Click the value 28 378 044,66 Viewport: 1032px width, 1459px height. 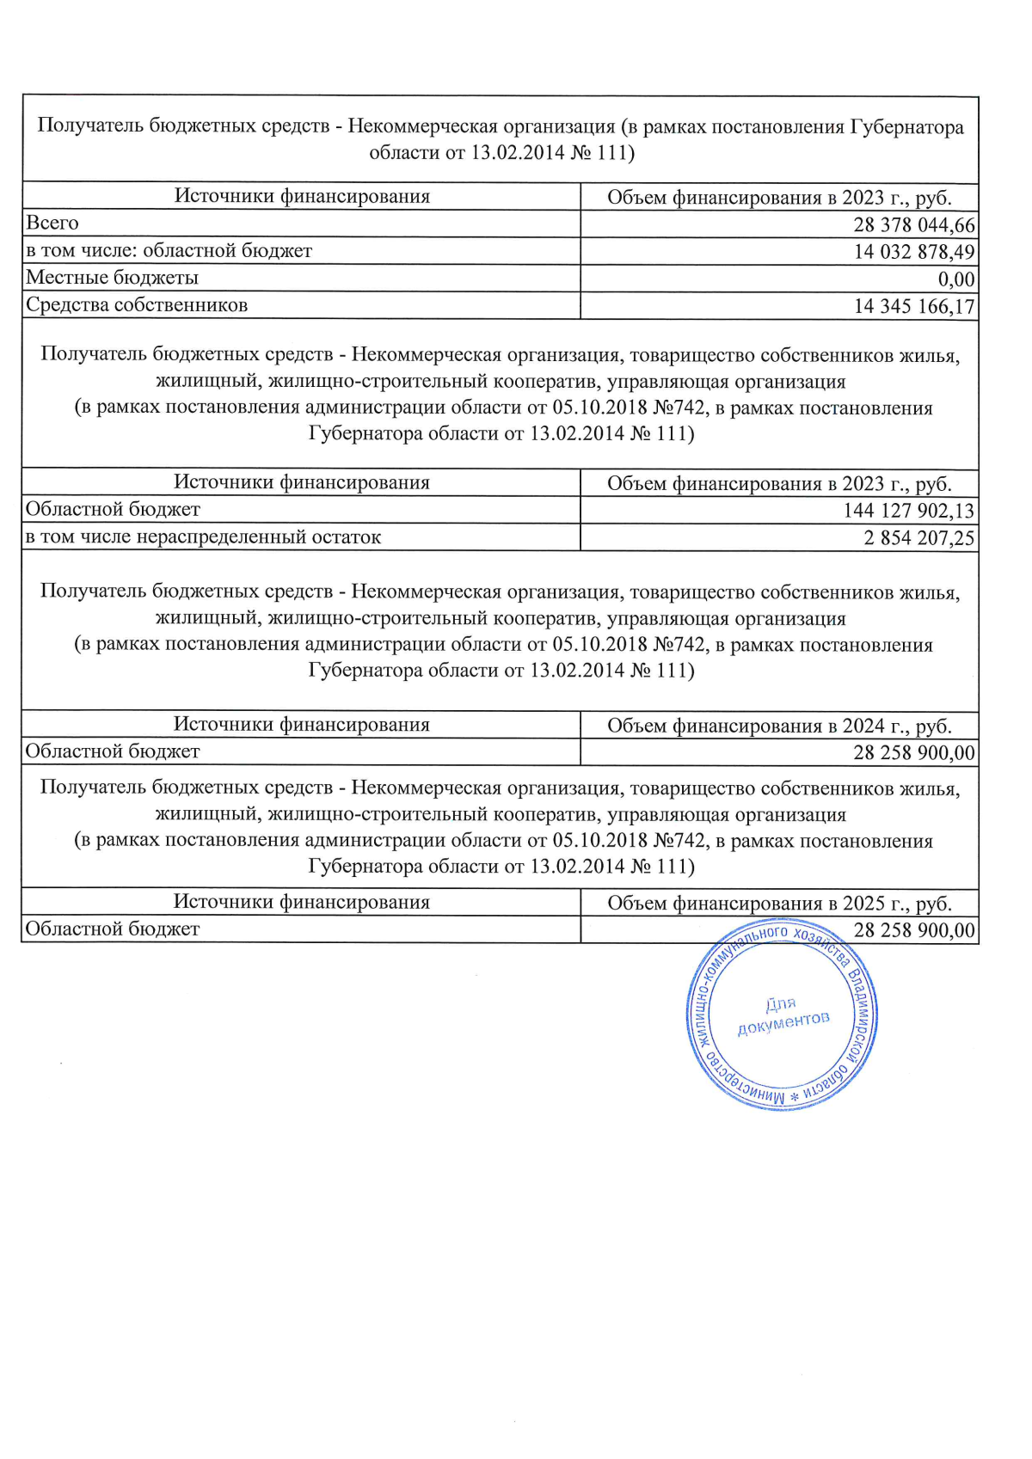tap(913, 225)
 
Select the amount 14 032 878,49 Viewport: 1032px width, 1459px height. tap(913, 252)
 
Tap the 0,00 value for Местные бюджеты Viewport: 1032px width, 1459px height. tap(955, 279)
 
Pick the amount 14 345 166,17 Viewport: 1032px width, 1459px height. tap(913, 306)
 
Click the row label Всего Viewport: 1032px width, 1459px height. tap(52, 224)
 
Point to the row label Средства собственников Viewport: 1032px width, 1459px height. tap(137, 305)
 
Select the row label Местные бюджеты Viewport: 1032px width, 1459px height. tap(113, 278)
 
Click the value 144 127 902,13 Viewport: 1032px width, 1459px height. tap(908, 511)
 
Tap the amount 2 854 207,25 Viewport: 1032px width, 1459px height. tap(918, 538)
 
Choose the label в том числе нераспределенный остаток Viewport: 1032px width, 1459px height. tap(203, 537)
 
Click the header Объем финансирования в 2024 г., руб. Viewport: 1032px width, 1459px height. tap(779, 726)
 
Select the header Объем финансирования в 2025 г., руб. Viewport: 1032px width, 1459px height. tap(779, 903)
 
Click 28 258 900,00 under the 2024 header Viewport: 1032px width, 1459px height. tap(913, 753)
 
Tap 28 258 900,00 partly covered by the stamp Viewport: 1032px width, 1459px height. tap(913, 930)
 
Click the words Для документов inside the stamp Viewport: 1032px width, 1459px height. tap(782, 1013)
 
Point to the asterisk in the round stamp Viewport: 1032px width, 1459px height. tap(795, 1098)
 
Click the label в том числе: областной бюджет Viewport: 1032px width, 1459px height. tap(169, 251)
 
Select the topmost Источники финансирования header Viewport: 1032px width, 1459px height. tap(302, 196)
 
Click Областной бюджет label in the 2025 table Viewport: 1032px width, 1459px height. tap(113, 929)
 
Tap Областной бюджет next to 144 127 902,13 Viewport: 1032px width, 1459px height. tap(113, 510)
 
